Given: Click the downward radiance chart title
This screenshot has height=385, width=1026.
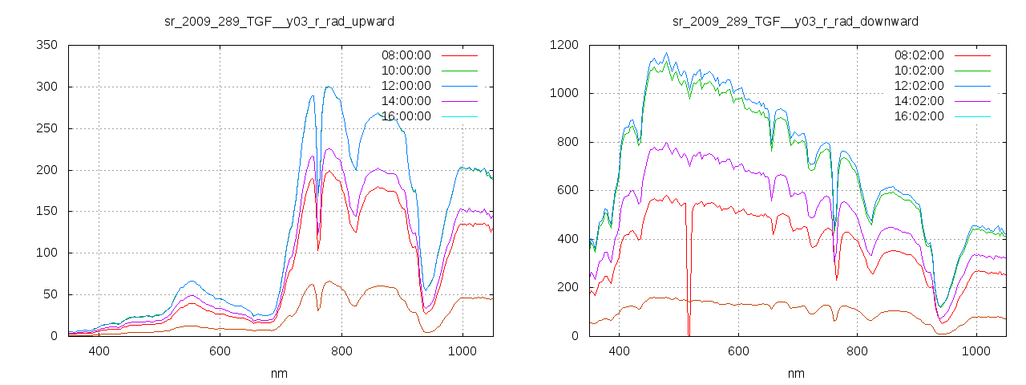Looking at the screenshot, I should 795,21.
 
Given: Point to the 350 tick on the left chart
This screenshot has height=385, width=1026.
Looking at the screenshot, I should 46,45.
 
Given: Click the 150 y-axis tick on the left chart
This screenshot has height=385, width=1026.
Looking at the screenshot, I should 46,211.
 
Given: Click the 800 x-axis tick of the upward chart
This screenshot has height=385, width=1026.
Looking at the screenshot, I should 341,351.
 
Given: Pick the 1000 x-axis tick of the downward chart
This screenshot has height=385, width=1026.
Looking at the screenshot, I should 976,351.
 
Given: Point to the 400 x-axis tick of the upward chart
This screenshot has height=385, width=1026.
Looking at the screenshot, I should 99,351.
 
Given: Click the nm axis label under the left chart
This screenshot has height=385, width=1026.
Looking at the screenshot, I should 279,373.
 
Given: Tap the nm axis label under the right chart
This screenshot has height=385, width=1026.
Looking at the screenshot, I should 795,373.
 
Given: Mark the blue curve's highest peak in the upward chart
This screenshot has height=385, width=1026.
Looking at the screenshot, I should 328,87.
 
